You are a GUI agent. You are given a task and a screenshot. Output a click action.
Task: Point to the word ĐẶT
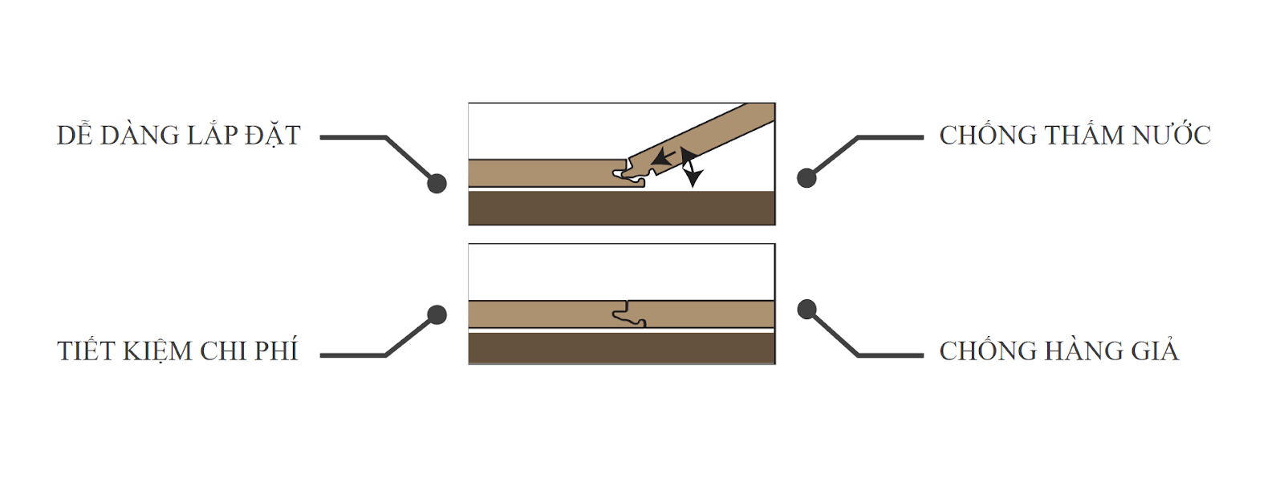[x=272, y=136]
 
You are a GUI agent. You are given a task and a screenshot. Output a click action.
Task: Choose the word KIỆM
[x=157, y=351]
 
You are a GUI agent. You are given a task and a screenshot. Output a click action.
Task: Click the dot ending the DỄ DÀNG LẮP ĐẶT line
[x=437, y=184]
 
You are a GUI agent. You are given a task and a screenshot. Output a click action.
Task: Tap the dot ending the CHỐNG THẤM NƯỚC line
[x=807, y=178]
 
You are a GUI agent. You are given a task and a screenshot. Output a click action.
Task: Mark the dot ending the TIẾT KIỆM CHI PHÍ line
[x=437, y=314]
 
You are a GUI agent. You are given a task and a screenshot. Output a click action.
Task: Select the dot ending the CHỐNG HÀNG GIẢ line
[x=807, y=310]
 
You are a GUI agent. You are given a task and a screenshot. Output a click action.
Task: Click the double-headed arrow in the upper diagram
[x=689, y=168]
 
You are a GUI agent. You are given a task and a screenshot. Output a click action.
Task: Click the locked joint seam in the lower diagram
[x=628, y=314]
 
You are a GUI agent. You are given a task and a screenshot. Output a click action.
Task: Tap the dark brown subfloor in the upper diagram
[x=622, y=208]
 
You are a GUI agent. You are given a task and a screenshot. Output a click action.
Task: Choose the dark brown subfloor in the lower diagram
[x=622, y=347]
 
